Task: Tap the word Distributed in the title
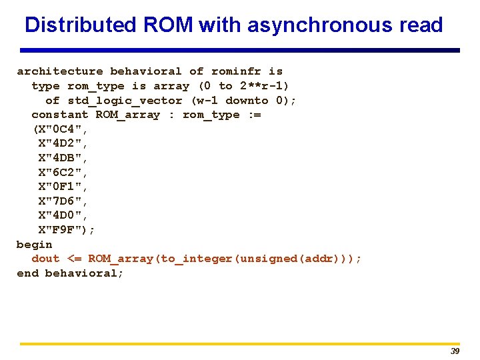tap(80, 25)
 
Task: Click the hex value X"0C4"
tap(61, 129)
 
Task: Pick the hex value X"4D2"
tap(63, 143)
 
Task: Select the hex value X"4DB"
tap(63, 158)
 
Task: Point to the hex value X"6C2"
tap(63, 172)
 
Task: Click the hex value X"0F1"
tap(63, 187)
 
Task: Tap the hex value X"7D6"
tap(63, 201)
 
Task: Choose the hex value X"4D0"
tap(63, 215)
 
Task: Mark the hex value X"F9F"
tap(63, 230)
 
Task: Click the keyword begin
tap(35, 244)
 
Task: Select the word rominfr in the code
tap(237, 71)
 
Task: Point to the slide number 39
tap(455, 351)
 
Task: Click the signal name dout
tap(45, 259)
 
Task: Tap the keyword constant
tap(59, 115)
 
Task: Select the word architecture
tap(60, 71)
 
